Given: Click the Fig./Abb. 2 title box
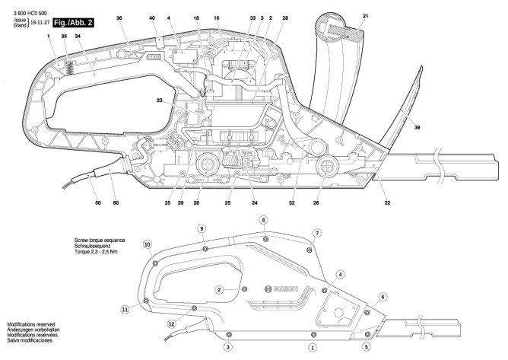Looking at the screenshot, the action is coord(73,23).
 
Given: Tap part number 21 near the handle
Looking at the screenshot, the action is coord(366,16).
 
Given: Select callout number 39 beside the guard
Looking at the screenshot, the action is coord(417,127).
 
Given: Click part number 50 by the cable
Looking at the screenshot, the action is coord(98,202).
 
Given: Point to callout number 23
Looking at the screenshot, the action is coord(160,100).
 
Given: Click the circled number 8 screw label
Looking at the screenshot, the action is coord(263,220).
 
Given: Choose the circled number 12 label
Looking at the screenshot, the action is coord(172,323).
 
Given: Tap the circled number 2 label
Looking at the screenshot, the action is coord(219,289).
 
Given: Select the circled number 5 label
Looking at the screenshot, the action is coord(367,347).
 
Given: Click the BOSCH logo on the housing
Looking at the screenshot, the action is coord(281,289).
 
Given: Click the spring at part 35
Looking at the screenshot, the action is coord(69,68).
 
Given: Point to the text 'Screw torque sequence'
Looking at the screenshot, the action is coord(100,241).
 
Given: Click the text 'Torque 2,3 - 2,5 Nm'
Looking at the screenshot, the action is coord(96,252).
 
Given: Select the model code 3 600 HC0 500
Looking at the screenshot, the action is coord(30,13).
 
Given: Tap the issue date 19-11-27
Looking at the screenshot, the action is coord(40,23).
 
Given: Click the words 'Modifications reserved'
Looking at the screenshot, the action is coord(31,324).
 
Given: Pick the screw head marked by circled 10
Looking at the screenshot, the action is coord(155,263).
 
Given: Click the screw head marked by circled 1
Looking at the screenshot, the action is coord(313,334).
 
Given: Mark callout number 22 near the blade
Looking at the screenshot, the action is coord(387,202).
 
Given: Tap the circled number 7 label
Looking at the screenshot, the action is coord(317,233).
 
